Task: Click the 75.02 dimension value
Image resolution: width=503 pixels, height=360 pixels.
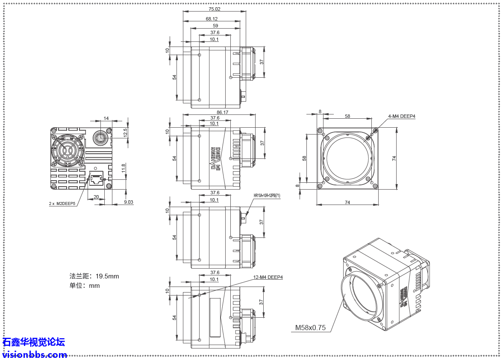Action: click(215, 9)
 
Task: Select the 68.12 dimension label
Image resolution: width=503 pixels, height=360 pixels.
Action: click(212, 19)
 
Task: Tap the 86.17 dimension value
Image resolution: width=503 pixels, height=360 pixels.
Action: click(223, 112)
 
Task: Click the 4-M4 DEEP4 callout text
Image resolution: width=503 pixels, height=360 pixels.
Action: click(401, 116)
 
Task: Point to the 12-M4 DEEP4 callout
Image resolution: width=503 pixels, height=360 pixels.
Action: click(268, 277)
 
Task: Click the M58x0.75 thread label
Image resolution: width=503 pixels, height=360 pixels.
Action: click(310, 328)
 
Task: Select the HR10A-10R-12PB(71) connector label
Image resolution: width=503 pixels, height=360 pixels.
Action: click(267, 196)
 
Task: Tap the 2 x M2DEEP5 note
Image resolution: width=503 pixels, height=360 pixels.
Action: click(62, 204)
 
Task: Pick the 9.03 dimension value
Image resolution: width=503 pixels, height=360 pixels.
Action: click(128, 202)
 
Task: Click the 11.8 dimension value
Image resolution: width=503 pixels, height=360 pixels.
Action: click(124, 168)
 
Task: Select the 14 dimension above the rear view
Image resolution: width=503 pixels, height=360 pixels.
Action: click(106, 118)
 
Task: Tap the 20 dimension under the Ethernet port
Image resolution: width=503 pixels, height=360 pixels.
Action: click(96, 197)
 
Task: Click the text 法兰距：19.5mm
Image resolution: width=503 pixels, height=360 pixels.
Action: click(94, 276)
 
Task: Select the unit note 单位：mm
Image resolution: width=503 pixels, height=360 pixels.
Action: click(85, 286)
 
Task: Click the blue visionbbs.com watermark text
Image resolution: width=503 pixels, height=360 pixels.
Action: click(35, 354)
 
